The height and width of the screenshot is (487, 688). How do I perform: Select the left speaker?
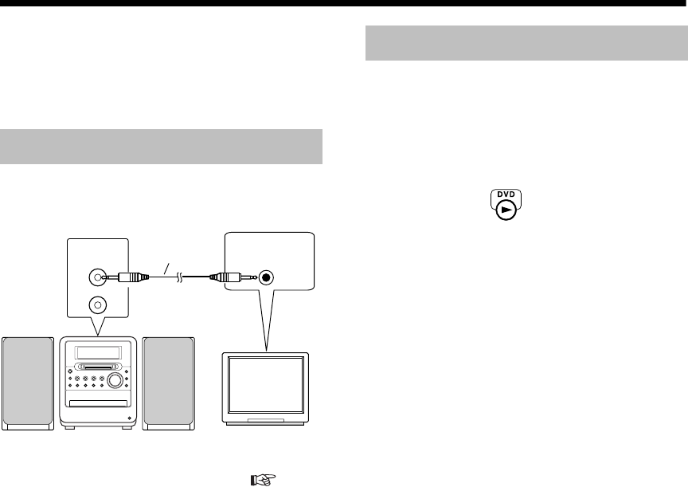tap(29, 383)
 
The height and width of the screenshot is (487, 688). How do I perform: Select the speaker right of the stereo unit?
tap(168, 383)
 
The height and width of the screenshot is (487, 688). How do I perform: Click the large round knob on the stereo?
tap(117, 379)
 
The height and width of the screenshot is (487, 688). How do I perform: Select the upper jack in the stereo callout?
tap(96, 278)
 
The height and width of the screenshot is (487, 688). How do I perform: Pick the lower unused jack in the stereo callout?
tap(96, 304)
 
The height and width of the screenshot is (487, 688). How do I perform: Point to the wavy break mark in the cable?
tap(182, 278)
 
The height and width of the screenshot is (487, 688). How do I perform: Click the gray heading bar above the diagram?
tap(162, 145)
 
